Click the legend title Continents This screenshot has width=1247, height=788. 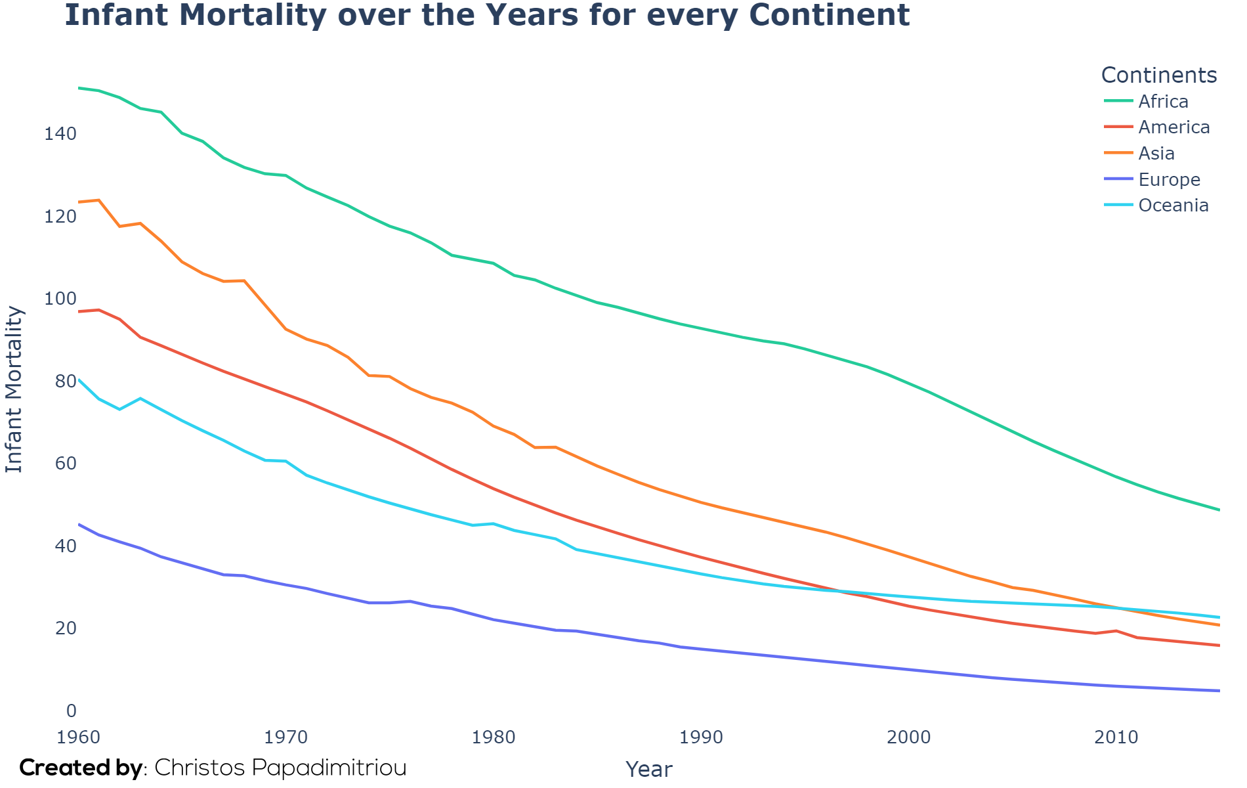tap(1159, 76)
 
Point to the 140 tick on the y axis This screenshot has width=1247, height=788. tap(60, 134)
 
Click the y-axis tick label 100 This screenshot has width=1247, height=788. tap(60, 299)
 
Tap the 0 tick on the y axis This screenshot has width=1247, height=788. tap(72, 711)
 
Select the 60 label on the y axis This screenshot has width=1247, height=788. tap(66, 464)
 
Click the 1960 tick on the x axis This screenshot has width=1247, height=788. tap(79, 737)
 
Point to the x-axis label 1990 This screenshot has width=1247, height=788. tap(702, 737)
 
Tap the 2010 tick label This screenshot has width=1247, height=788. tap(1116, 737)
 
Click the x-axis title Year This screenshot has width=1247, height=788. tap(649, 769)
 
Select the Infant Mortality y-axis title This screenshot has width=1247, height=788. tap(14, 390)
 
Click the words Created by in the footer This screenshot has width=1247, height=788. tap(81, 768)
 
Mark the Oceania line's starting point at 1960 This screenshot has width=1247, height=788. tap(79, 380)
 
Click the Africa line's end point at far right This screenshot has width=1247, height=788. tap(1219, 510)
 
